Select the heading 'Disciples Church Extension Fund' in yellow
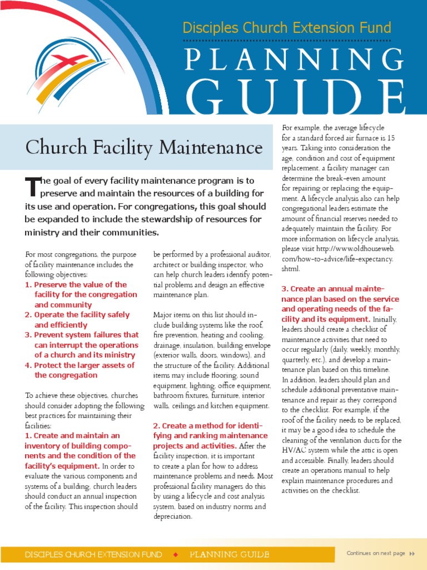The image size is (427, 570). pyautogui.click(x=287, y=27)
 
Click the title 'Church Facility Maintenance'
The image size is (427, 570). pyautogui.click(x=143, y=148)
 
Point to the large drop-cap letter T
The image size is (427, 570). pyautogui.click(x=33, y=187)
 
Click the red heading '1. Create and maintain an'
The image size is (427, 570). pyautogui.click(x=72, y=435)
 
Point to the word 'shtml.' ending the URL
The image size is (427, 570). pyautogui.click(x=291, y=269)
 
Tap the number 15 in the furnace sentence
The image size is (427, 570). pyautogui.click(x=391, y=137)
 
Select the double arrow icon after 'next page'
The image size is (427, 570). pyautogui.click(x=412, y=553)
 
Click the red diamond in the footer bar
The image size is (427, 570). pyautogui.click(x=176, y=554)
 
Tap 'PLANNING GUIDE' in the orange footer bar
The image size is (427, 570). pyautogui.click(x=230, y=554)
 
